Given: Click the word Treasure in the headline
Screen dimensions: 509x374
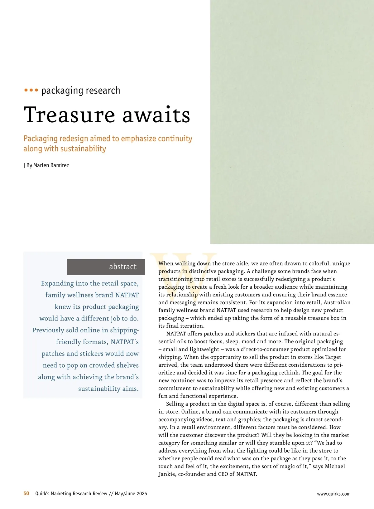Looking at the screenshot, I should tap(70, 115).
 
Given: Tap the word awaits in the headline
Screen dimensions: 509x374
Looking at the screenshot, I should tap(156, 115).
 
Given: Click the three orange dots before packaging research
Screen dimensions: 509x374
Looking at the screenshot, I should tap(31, 90).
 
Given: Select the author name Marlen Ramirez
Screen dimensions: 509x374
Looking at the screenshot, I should tap(51, 165).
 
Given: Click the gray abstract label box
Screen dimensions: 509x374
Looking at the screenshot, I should tap(106, 267).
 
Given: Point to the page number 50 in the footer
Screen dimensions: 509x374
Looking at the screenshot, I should tap(26, 493).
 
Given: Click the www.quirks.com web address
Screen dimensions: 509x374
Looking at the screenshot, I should tap(333, 494).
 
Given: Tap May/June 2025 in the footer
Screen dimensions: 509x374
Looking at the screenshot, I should tap(131, 493).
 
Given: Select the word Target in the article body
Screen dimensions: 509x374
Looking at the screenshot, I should tap(333, 357).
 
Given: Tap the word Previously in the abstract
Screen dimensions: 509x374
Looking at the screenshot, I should tap(49, 330).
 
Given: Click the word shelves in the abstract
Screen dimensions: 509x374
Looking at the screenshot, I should tap(127, 365).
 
